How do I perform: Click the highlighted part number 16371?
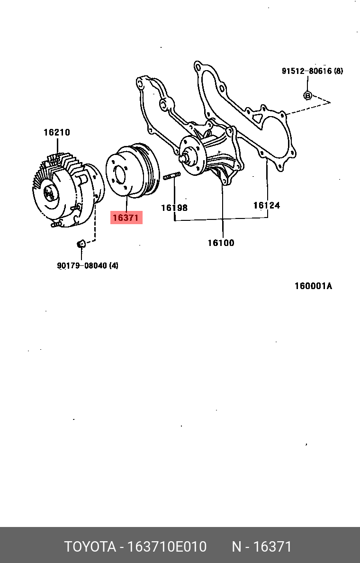click(126, 218)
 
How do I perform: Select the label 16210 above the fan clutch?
click(57, 132)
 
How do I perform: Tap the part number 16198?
click(174, 208)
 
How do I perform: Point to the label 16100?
click(221, 243)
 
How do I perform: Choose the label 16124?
click(266, 205)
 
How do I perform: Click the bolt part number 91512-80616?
click(306, 71)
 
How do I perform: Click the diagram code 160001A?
click(313, 286)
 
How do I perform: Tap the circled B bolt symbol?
click(307, 95)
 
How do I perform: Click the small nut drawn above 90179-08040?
click(81, 244)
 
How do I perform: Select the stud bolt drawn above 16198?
click(172, 177)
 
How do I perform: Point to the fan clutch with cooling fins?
click(66, 190)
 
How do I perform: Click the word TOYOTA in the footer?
click(90, 547)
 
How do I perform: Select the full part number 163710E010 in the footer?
click(166, 547)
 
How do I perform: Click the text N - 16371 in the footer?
click(261, 547)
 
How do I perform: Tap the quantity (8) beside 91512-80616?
click(338, 71)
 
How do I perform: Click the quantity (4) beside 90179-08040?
click(114, 266)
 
